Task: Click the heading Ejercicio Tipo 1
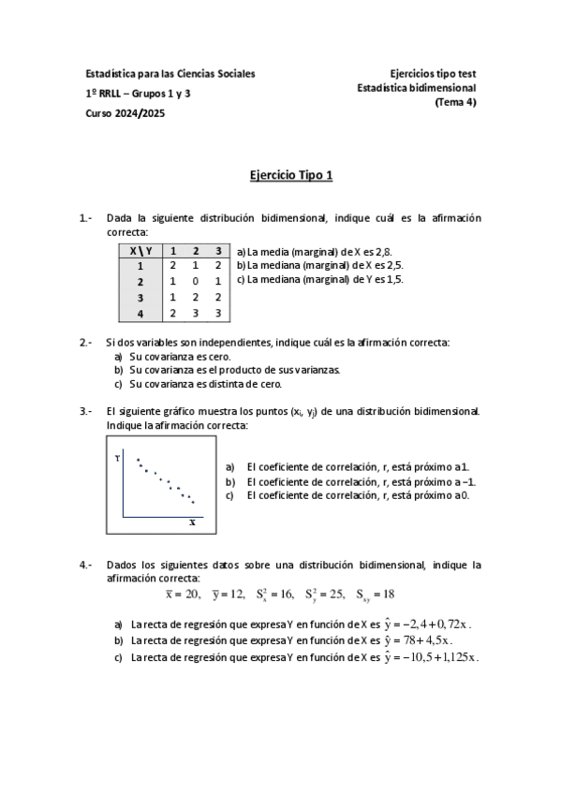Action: pos(291,175)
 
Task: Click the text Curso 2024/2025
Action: pos(124,113)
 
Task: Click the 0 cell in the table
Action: pos(195,281)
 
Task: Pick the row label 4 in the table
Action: pos(140,314)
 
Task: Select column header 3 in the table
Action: pos(217,251)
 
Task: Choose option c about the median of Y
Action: pos(319,278)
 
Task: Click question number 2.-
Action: pos(85,343)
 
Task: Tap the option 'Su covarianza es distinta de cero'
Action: pos(205,384)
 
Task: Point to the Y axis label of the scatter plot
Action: pos(117,458)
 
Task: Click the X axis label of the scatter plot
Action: pos(192,522)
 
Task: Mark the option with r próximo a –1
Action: pos(361,481)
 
